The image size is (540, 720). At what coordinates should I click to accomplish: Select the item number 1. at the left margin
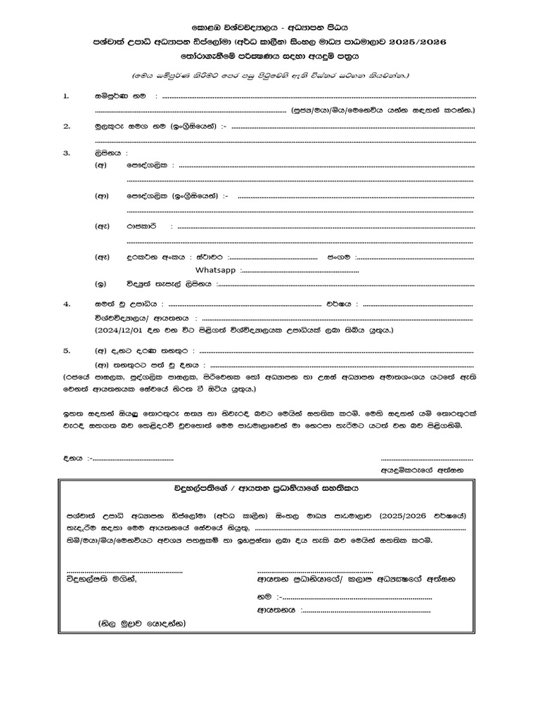pyautogui.click(x=66, y=95)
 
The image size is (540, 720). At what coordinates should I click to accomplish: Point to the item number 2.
pyautogui.click(x=66, y=127)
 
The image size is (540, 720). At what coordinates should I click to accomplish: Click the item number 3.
pyautogui.click(x=66, y=152)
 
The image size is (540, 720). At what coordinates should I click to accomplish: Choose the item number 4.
pyautogui.click(x=66, y=304)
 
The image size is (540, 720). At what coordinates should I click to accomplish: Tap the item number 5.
pyautogui.click(x=66, y=349)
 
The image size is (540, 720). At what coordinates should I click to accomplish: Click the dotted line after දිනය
pyautogui.click(x=134, y=458)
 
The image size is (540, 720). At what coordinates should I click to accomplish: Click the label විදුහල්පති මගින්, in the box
pyautogui.click(x=102, y=579)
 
